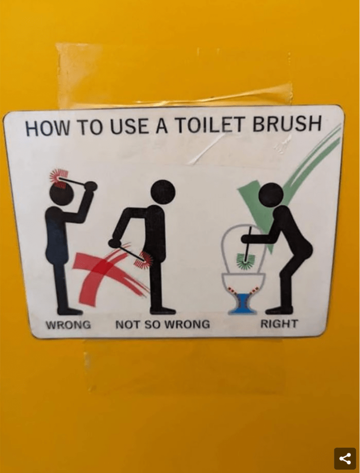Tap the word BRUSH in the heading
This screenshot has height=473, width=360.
tap(286, 123)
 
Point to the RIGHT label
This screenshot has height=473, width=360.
tap(279, 324)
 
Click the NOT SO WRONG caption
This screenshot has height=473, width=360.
tap(162, 324)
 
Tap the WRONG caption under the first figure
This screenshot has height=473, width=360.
tap(68, 325)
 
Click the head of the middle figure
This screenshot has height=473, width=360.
tap(162, 192)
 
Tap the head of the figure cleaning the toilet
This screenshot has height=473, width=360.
tap(272, 195)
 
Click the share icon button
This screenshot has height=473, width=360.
tap(345, 459)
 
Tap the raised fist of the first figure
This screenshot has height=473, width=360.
tap(90, 186)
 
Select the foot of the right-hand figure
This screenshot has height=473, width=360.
tap(279, 310)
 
